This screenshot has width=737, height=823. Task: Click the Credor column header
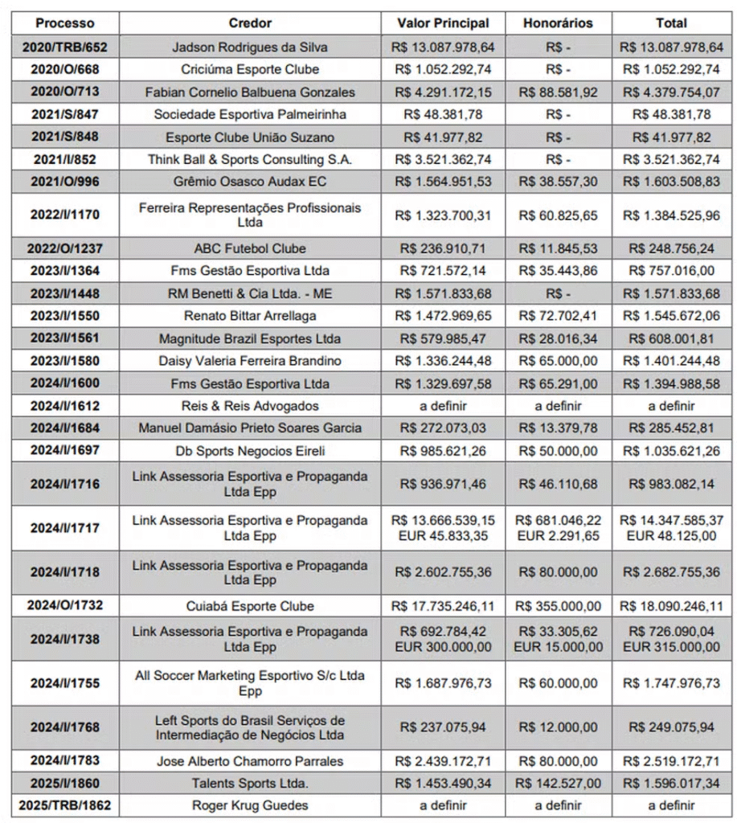point(250,23)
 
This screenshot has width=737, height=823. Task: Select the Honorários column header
point(559,23)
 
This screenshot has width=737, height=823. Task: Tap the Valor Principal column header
point(447,23)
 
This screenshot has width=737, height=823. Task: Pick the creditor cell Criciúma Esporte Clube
point(250,70)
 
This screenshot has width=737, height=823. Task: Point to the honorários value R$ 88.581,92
point(559,92)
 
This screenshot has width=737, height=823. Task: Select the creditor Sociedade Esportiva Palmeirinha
point(250,115)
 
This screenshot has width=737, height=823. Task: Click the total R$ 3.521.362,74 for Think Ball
point(669,159)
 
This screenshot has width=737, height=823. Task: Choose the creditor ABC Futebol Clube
point(250,249)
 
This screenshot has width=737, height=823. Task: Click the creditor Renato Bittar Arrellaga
point(250,316)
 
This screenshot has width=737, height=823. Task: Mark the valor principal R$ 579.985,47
point(447,338)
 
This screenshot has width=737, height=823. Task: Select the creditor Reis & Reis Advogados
point(250,406)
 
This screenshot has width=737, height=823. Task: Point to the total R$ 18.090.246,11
point(669,606)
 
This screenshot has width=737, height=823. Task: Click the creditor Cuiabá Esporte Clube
point(250,606)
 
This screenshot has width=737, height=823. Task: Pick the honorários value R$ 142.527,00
point(559,783)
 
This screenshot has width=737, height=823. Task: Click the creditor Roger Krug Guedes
point(250,805)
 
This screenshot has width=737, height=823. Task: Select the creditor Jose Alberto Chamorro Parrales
point(250,760)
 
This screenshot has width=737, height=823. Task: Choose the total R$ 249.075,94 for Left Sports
point(669,727)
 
